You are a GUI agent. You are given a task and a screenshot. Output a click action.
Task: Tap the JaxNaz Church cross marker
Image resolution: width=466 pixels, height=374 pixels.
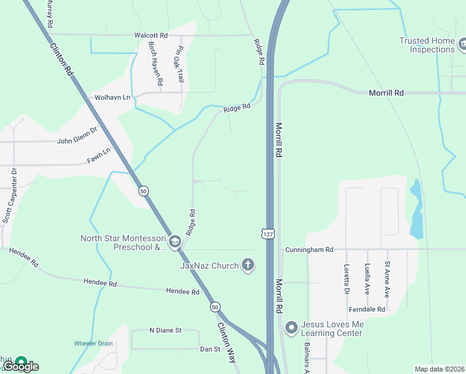pos(248,266)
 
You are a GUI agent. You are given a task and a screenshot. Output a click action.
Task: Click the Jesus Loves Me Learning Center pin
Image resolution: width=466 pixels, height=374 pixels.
pos(290,327)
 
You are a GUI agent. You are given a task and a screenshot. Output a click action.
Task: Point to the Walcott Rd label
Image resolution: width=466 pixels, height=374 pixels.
pos(151,36)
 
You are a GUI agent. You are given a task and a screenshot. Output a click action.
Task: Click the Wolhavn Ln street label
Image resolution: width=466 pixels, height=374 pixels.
pos(112,97)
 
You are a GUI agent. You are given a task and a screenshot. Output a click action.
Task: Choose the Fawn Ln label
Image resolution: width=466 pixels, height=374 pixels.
pos(98,155)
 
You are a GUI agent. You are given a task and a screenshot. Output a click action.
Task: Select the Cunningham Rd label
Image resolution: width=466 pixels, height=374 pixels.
pos(310,250)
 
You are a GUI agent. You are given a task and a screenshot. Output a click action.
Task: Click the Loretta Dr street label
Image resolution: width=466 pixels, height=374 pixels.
pos(347,279)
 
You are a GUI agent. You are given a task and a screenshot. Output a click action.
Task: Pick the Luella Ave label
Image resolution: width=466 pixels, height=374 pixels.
pos(368,278)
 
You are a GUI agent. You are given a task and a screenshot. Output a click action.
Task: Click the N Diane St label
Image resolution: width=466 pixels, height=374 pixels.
pos(165,330)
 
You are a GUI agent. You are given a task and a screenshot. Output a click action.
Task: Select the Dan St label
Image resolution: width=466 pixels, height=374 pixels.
pos(209,349)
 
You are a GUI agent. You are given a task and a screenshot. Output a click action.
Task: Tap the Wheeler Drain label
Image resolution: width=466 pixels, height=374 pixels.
pos(93,343)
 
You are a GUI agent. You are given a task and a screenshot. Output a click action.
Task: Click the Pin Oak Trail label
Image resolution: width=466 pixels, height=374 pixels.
pos(179,64)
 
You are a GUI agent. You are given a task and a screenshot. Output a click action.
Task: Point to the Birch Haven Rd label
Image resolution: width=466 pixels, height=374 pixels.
pos(155,64)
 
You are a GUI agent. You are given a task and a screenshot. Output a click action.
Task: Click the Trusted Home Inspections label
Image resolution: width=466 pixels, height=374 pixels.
pos(427,45)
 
